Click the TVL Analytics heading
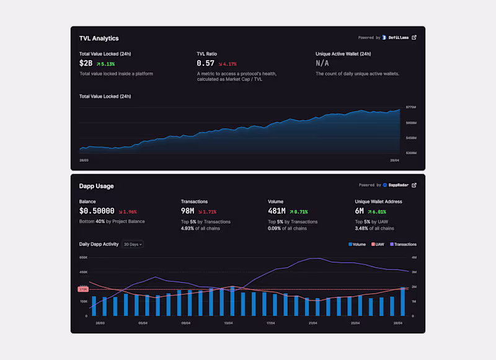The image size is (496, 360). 99,38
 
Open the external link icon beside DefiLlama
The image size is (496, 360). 415,37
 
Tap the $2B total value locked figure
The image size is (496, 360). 86,63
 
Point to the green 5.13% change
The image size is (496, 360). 105,64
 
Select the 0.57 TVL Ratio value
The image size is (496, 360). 205,63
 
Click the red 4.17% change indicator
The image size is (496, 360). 228,64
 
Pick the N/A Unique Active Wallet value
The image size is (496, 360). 322,63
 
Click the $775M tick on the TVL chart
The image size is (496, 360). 411,107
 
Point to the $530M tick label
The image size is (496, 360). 411,152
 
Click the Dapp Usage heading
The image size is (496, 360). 97,186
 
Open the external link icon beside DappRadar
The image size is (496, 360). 415,185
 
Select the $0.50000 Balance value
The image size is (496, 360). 97,211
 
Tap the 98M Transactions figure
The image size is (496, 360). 188,211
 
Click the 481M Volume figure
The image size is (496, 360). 277,211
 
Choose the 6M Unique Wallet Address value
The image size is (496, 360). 361,211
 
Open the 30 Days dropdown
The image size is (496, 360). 133,244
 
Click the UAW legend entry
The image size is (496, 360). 378,244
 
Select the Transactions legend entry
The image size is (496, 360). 403,244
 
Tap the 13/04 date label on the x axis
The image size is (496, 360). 228,323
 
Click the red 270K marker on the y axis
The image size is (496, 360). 83,289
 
